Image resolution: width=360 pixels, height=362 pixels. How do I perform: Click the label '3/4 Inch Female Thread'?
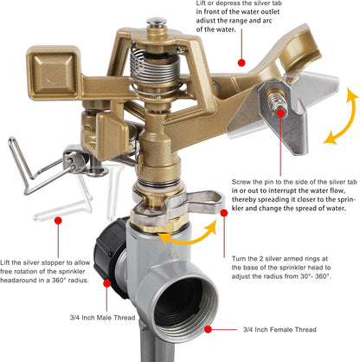click(280, 329)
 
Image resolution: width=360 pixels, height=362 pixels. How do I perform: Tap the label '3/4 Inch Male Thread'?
click(102, 318)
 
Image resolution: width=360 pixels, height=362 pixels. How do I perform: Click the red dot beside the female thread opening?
click(208, 329)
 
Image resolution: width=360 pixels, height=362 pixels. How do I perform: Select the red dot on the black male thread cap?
click(107, 283)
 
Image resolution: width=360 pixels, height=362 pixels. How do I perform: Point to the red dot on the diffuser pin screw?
click(280, 113)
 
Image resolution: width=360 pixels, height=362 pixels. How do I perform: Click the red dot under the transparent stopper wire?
click(58, 221)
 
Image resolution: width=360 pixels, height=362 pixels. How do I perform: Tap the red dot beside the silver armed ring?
click(224, 213)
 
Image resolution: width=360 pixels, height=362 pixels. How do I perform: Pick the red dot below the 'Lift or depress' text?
click(241, 62)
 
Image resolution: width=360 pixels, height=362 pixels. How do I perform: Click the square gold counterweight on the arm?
click(53, 72)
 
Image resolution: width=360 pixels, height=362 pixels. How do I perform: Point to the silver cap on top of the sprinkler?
click(157, 22)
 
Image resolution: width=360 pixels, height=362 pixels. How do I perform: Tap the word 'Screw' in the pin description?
click(241, 182)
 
